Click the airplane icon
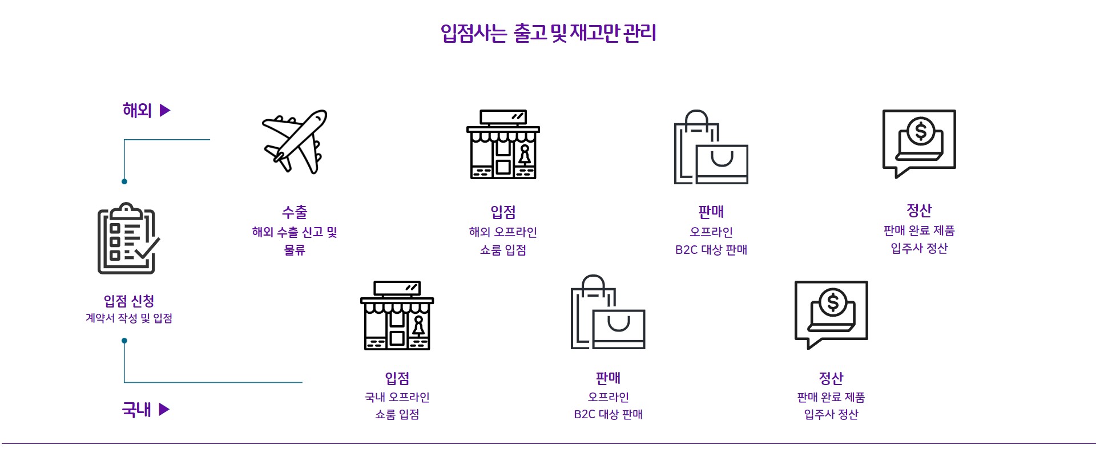pyautogui.click(x=295, y=141)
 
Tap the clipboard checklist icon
pyautogui.click(x=127, y=238)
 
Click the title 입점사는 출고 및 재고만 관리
pyautogui.click(x=548, y=33)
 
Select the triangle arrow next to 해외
pyautogui.click(x=165, y=110)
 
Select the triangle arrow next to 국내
pyautogui.click(x=164, y=409)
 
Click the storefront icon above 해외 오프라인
pyautogui.click(x=503, y=144)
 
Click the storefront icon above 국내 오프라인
pyautogui.click(x=397, y=315)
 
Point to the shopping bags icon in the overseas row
pyautogui.click(x=711, y=147)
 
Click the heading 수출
pyautogui.click(x=295, y=212)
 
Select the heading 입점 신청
pyautogui.click(x=129, y=301)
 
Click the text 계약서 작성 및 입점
pyautogui.click(x=129, y=318)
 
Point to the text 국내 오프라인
pyautogui.click(x=397, y=397)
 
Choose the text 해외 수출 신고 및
pyautogui.click(x=295, y=232)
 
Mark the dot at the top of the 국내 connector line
pyautogui.click(x=124, y=341)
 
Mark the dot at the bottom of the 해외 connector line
pyautogui.click(x=124, y=181)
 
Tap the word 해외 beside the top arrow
pyautogui.click(x=137, y=110)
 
